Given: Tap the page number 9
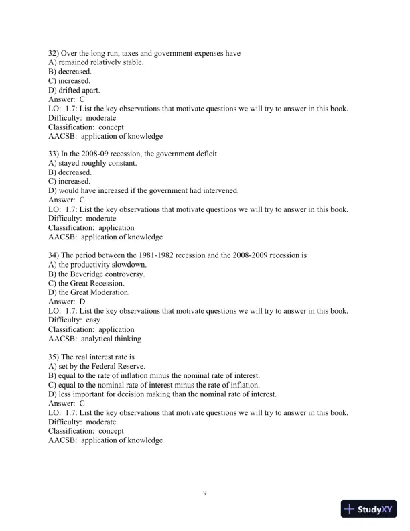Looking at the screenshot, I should (205, 494).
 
